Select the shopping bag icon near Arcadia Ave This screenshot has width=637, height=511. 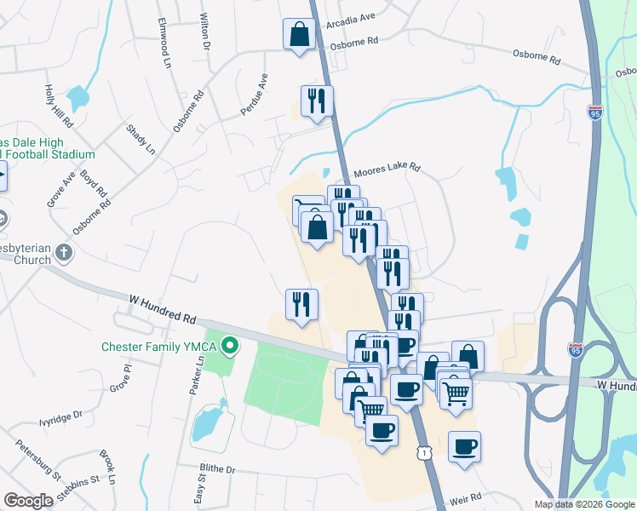pos(299,35)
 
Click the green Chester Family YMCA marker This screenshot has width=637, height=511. pos(229,346)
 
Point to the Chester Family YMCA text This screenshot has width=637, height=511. pos(159,347)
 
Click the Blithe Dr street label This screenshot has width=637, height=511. pos(217,469)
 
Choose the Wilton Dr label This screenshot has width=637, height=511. pos(204,32)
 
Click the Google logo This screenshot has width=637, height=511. pos(28,501)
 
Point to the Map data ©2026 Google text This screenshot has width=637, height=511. pos(583,504)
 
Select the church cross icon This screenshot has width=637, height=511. pos(64,252)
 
